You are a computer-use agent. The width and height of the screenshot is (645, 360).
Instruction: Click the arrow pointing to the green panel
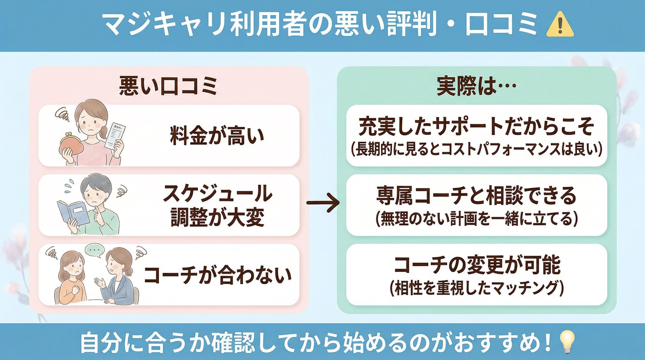click(x=322, y=203)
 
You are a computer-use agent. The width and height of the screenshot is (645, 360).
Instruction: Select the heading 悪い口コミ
click(x=168, y=87)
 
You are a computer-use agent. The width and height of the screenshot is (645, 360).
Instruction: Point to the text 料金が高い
click(x=217, y=136)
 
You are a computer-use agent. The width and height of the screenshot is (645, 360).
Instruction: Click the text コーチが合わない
click(x=217, y=275)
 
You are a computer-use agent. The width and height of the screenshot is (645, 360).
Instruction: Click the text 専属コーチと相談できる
click(x=476, y=197)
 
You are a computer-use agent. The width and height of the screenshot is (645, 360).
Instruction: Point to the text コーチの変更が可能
click(x=476, y=266)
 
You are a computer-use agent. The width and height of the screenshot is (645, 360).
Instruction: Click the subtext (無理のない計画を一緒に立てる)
click(x=476, y=219)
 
